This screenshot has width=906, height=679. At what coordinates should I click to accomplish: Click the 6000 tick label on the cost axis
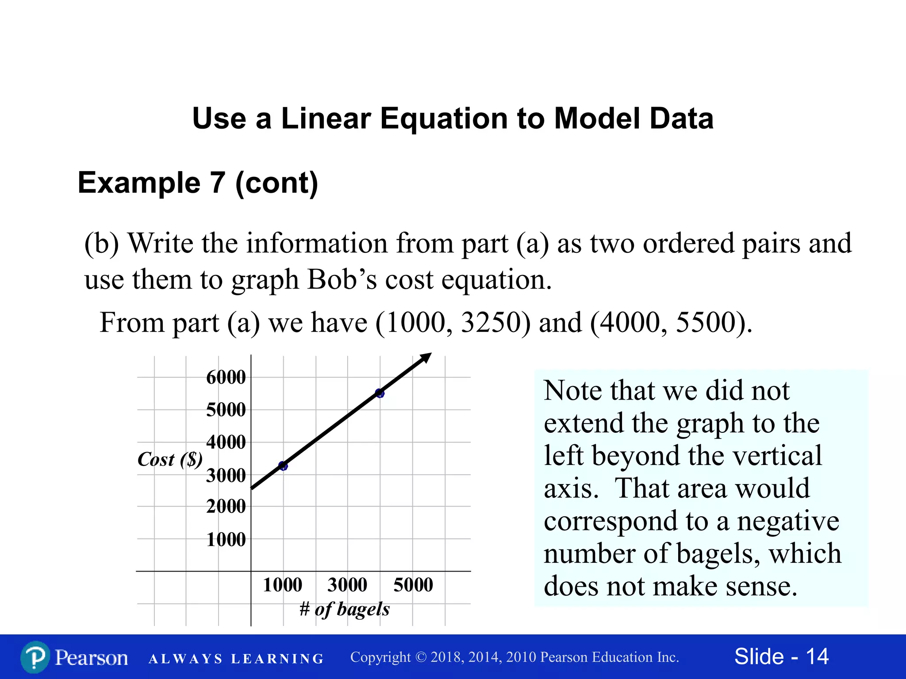[226, 378]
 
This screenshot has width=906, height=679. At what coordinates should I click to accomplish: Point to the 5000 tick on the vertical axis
[226, 410]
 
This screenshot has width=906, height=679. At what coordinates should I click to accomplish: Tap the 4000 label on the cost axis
[226, 442]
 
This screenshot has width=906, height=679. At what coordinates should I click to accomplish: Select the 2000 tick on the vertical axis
[226, 506]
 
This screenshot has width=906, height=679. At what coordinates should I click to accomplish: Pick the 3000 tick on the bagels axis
[347, 585]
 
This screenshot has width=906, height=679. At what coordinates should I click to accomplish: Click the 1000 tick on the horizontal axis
[282, 585]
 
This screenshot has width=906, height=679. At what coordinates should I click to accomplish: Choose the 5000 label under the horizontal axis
[413, 585]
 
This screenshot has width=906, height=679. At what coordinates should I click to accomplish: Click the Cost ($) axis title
[170, 460]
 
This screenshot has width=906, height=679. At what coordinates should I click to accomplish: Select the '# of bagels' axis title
[345, 609]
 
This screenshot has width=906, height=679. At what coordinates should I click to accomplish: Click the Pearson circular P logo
[35, 657]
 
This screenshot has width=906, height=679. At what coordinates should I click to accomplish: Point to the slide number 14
[817, 656]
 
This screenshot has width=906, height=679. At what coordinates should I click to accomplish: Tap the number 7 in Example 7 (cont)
[217, 183]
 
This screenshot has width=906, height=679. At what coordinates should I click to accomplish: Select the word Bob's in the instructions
[342, 280]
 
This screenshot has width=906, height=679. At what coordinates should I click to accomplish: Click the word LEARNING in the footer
[277, 659]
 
